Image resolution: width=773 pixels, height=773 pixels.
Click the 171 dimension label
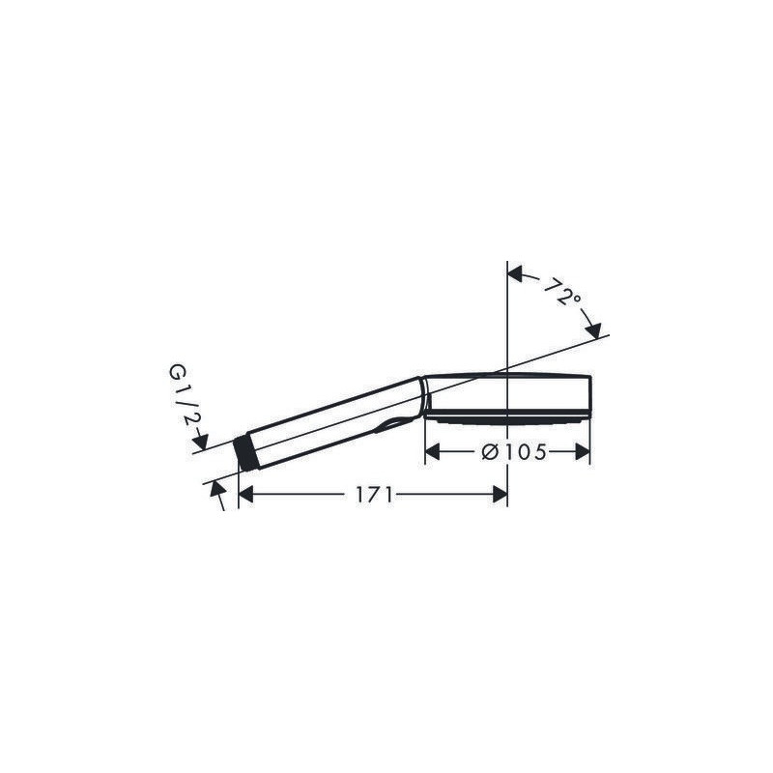coord(374,495)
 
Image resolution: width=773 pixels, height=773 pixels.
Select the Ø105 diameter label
coord(514,451)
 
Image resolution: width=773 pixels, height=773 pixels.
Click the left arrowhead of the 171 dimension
coord(245,495)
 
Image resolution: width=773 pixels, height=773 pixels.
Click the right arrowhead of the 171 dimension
coord(500,495)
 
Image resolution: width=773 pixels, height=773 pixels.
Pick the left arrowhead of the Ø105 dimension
coord(432,451)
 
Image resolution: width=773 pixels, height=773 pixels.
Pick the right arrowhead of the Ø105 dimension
coord(583,451)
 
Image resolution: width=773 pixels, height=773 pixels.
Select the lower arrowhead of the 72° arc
coord(593,330)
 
